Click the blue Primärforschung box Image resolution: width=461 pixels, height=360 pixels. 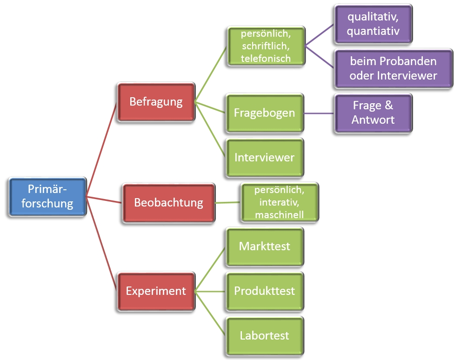pyautogui.click(x=48, y=196)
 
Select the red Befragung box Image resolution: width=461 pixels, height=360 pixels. pyautogui.click(x=156, y=102)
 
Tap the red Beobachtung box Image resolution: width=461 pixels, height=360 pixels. pyautogui.click(x=168, y=203)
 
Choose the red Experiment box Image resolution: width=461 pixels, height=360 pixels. pyautogui.click(x=156, y=291)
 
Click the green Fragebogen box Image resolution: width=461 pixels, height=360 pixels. pyautogui.click(x=264, y=113)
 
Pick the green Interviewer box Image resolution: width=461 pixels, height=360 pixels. pyautogui.click(x=264, y=157)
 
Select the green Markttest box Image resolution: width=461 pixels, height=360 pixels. pyautogui.click(x=264, y=246)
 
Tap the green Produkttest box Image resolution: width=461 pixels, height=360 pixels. pyautogui.click(x=264, y=291)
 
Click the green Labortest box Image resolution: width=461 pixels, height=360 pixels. pyautogui.click(x=264, y=335)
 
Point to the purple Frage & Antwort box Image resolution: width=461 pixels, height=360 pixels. pyautogui.click(x=373, y=113)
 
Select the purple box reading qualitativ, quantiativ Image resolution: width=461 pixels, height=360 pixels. pyautogui.click(x=373, y=25)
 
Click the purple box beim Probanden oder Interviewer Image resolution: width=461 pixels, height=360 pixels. pyautogui.click(x=393, y=68)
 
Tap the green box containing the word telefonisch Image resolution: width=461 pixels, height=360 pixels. pyautogui.click(x=266, y=46)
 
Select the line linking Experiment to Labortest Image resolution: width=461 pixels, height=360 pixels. pyautogui.click(x=210, y=313)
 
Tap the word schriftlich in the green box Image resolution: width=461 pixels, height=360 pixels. pyautogui.click(x=266, y=46)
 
